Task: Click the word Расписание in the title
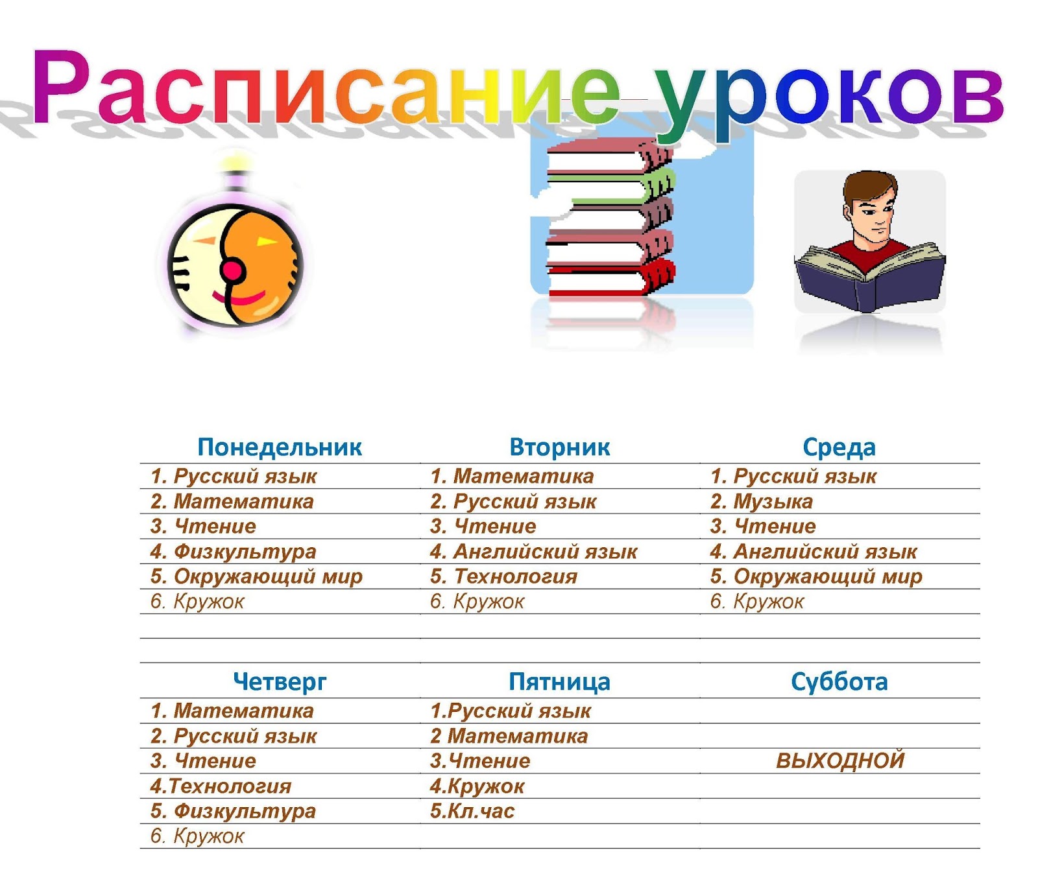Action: pyautogui.click(x=324, y=88)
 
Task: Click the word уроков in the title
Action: pyautogui.click(x=827, y=91)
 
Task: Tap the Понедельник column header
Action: pyautogui.click(x=280, y=447)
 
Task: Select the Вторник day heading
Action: pyautogui.click(x=559, y=447)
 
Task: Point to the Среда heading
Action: pyautogui.click(x=839, y=447)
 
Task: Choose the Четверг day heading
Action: pyautogui.click(x=280, y=682)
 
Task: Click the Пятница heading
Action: pyautogui.click(x=559, y=682)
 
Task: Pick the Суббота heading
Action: pyautogui.click(x=839, y=682)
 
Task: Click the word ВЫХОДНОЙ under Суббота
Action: pyautogui.click(x=840, y=760)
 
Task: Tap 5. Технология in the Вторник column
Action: pyautogui.click(x=503, y=576)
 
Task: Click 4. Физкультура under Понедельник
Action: pyautogui.click(x=234, y=552)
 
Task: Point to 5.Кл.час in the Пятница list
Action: pyautogui.click(x=472, y=811)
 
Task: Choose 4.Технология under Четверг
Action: pyautogui.click(x=221, y=786)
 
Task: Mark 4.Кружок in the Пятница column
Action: pyautogui.click(x=477, y=786)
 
